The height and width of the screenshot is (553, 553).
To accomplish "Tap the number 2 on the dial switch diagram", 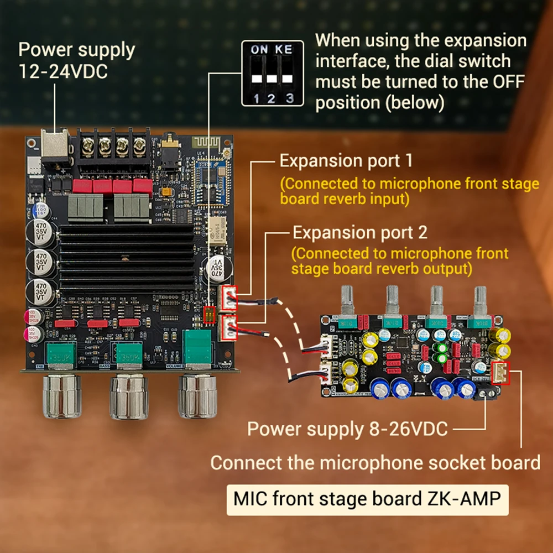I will [272, 99].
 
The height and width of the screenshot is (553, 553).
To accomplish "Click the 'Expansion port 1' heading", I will [346, 161].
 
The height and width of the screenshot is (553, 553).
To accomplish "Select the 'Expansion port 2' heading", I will [360, 232].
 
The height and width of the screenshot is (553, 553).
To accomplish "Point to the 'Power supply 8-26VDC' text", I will [347, 429].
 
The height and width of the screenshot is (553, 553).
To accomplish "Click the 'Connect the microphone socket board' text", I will [375, 462].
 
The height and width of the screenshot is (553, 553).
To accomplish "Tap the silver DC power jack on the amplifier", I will [56, 146].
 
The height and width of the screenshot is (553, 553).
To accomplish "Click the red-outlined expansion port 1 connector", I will [229, 298].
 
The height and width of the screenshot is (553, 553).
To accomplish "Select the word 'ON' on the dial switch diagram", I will [259, 50].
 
